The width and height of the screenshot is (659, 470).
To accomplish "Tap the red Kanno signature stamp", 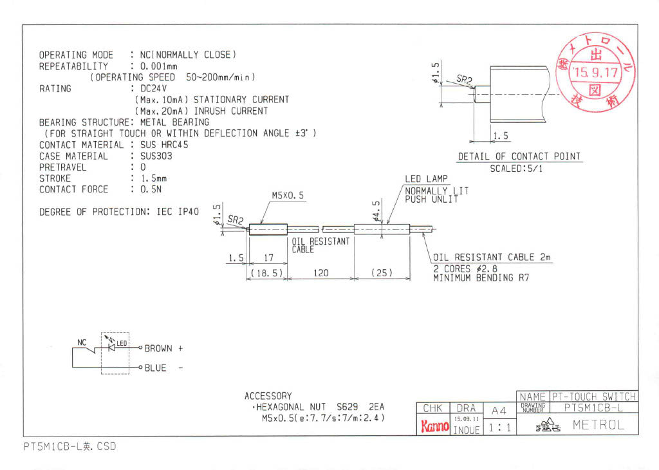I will [434, 426].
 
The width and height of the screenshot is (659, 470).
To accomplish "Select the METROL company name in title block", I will [598, 425].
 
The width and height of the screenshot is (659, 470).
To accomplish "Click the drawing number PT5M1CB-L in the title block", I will [593, 408].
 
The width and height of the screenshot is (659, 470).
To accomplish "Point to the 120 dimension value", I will [320, 273].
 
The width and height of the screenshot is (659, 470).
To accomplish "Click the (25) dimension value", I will [382, 273].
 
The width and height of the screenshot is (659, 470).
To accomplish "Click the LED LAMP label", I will [426, 179].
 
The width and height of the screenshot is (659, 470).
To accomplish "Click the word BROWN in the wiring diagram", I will [158, 348].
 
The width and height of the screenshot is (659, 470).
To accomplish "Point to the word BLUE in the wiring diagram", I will [155, 368].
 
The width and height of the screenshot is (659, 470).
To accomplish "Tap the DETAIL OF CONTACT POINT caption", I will [519, 156].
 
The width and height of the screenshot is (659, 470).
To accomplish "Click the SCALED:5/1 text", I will [516, 169].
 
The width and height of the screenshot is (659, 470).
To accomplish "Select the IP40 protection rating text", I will [187, 212].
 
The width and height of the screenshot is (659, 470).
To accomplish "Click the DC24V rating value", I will [146, 89].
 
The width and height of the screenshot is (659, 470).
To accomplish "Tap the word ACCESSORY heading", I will [268, 396].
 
